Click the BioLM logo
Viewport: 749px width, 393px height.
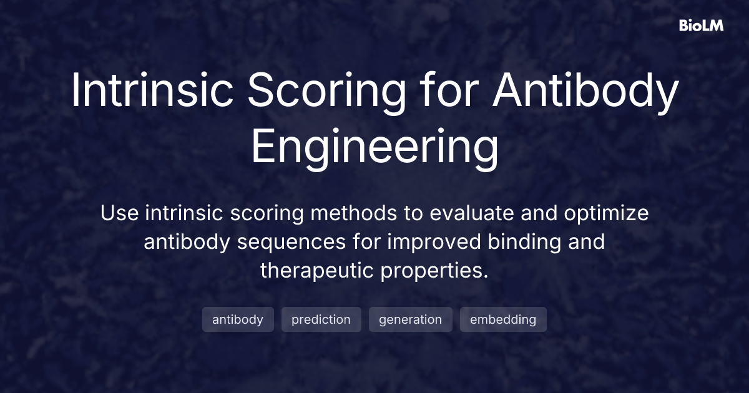701,26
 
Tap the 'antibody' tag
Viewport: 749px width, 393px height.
238,319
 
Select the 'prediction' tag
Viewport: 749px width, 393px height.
321,319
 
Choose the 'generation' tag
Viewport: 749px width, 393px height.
410,319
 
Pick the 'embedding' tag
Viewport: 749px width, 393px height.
503,319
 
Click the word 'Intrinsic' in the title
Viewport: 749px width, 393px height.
152,90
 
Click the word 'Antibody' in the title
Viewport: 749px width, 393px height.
585,92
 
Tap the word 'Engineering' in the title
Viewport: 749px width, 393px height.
375,149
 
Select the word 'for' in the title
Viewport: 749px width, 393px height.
449,90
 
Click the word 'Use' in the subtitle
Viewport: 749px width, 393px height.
119,213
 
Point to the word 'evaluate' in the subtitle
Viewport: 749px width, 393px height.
471,213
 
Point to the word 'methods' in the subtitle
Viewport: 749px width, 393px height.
353,213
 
